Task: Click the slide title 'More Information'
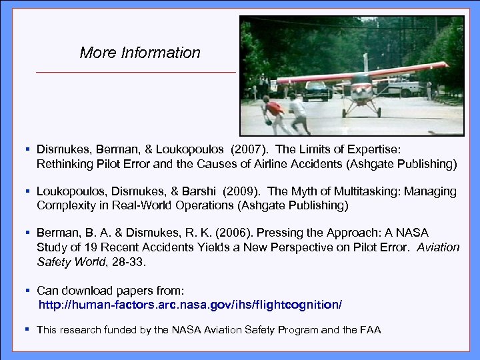(x=139, y=53)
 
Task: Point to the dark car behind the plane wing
(x=316, y=91)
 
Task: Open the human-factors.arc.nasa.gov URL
(x=190, y=305)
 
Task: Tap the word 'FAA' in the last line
(x=369, y=329)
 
